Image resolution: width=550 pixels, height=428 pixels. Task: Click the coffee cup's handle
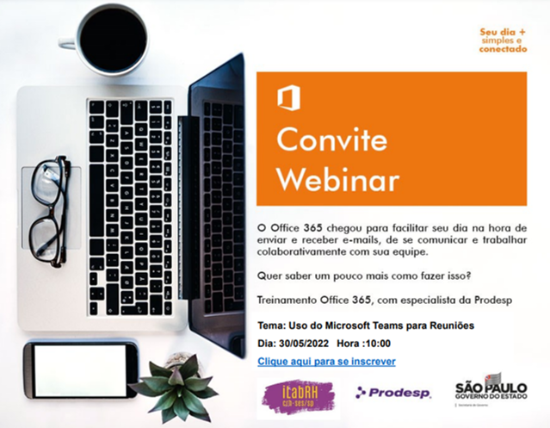66,41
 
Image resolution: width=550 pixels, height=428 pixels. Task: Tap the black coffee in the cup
113,39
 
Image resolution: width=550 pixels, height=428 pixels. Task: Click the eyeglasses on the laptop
50,211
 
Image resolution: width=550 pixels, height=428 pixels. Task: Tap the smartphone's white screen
80,370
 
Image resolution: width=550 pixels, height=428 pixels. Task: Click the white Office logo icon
288,98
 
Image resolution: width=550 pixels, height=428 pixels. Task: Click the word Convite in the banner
332,140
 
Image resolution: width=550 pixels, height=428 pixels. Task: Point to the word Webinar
338,179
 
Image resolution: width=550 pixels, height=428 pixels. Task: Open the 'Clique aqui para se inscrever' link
326,362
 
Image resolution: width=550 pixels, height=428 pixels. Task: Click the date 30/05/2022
304,344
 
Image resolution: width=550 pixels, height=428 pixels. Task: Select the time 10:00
378,344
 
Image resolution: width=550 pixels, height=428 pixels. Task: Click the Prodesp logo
392,393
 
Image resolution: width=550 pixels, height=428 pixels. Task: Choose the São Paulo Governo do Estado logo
491,389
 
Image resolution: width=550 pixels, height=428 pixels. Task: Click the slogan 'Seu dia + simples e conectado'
503,40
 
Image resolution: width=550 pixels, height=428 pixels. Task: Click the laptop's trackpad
51,208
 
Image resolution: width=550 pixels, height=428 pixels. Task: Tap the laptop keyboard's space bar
96,201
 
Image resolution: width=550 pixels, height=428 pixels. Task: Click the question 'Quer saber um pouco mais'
364,276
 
